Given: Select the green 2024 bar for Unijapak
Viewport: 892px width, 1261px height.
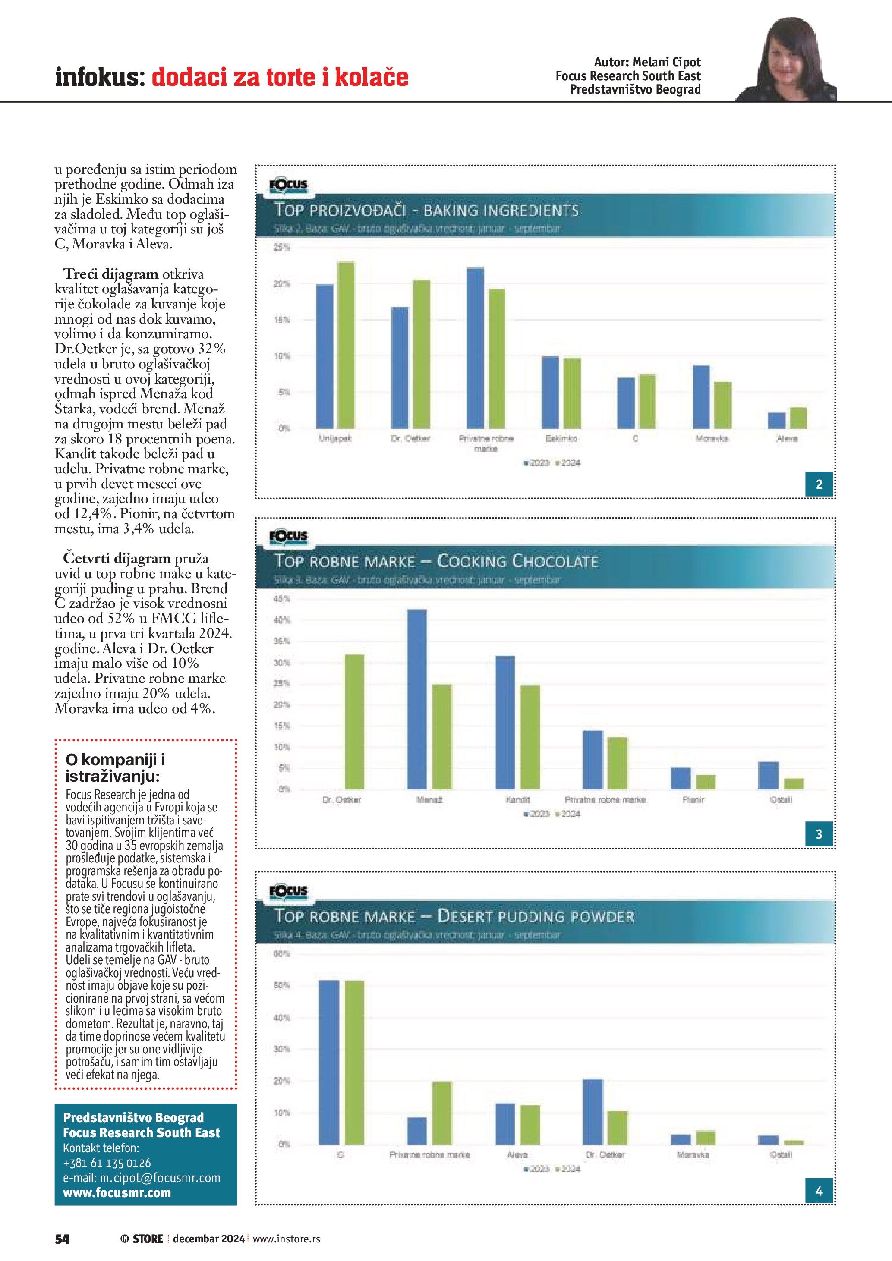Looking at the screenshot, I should point(346,345).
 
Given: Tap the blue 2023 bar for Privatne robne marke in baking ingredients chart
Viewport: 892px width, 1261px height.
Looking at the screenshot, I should point(475,348).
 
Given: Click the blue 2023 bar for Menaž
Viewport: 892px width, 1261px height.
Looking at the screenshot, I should point(417,699).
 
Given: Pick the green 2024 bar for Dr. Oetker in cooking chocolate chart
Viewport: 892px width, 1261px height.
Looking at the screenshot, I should point(354,722).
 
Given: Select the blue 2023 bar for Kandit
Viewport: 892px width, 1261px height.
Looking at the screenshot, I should point(505,722).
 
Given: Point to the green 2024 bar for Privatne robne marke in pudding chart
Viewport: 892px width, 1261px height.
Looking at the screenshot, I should point(441,1113).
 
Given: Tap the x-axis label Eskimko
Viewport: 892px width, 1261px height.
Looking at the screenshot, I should point(561,438).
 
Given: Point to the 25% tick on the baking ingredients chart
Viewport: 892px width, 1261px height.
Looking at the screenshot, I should point(282,248).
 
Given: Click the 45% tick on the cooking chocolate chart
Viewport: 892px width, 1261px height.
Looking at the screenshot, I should point(282,599).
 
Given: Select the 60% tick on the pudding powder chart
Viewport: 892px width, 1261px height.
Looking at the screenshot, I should point(282,954).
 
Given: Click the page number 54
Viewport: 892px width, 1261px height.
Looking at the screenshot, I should point(62,1239).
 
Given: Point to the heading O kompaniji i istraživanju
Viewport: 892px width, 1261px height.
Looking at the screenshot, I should point(115,767).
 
